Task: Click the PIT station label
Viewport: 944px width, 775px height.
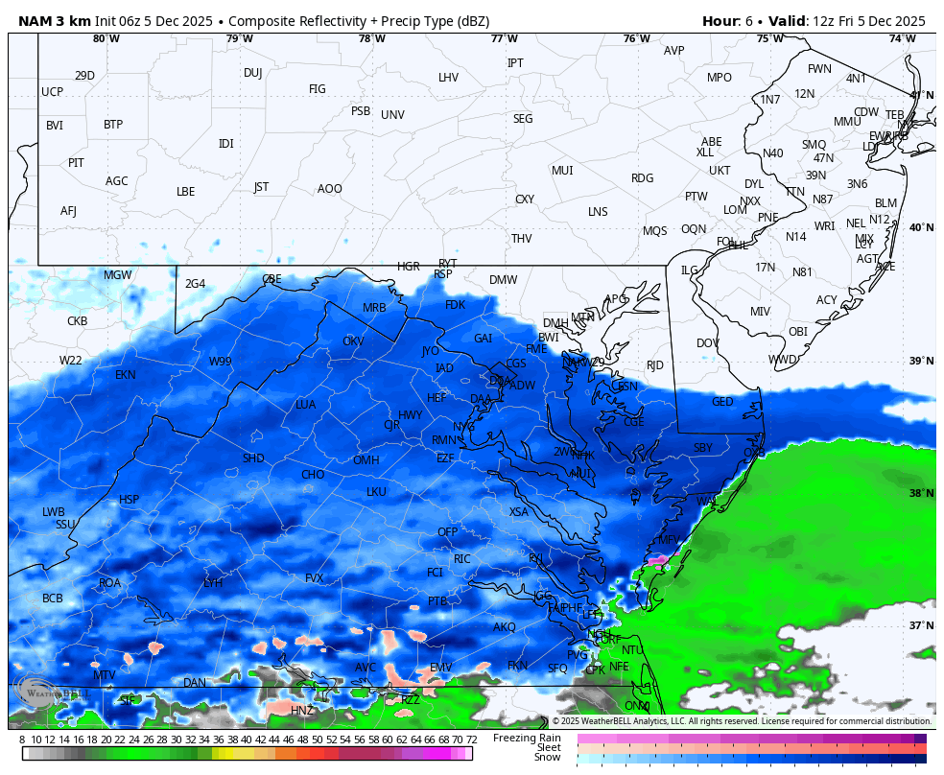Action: pos(76,163)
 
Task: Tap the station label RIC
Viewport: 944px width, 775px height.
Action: pos(462,558)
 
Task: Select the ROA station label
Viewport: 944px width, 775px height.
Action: pos(110,583)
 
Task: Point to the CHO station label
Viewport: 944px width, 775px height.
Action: pos(313,475)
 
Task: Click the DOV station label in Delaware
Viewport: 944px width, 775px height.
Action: pos(708,343)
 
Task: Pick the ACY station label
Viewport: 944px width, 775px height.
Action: pos(827,300)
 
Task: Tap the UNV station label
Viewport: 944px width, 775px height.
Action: pos(392,115)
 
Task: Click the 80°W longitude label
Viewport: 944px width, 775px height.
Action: pos(106,39)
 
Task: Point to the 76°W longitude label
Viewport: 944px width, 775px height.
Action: pos(636,39)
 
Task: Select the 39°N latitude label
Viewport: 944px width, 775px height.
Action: pos(921,361)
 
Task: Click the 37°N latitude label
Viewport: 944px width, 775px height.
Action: pos(921,625)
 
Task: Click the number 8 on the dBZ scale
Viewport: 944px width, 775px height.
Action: pos(22,740)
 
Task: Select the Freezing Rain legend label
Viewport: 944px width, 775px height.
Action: pos(527,738)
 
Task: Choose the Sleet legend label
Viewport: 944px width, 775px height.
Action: pos(548,747)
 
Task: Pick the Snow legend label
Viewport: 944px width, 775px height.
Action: pos(548,758)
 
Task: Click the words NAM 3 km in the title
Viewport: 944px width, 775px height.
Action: pos(53,21)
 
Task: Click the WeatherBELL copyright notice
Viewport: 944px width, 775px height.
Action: pos(741,721)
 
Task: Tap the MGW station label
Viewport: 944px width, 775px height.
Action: pos(118,275)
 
